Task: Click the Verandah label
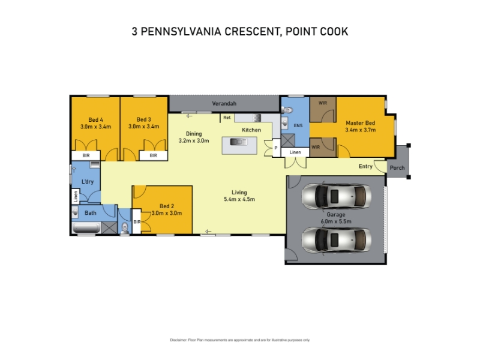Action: (x=224, y=104)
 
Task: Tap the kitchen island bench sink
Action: (x=239, y=142)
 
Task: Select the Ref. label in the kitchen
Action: (x=227, y=118)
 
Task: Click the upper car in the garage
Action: (x=337, y=196)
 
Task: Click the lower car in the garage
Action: (x=337, y=239)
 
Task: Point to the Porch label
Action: (x=397, y=168)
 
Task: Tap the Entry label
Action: (x=365, y=166)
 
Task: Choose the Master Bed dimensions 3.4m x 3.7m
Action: (x=361, y=130)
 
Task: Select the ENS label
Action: (x=298, y=125)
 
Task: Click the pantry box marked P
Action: (x=276, y=148)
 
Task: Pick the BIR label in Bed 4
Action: (x=86, y=155)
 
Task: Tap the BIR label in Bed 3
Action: (x=154, y=155)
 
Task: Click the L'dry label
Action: (x=87, y=182)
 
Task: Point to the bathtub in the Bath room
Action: (x=86, y=228)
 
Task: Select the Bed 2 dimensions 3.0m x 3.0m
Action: (x=167, y=213)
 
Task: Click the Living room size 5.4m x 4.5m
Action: (x=239, y=199)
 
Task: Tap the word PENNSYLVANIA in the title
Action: (x=181, y=32)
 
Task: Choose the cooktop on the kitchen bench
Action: (x=257, y=118)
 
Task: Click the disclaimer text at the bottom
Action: (x=240, y=340)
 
